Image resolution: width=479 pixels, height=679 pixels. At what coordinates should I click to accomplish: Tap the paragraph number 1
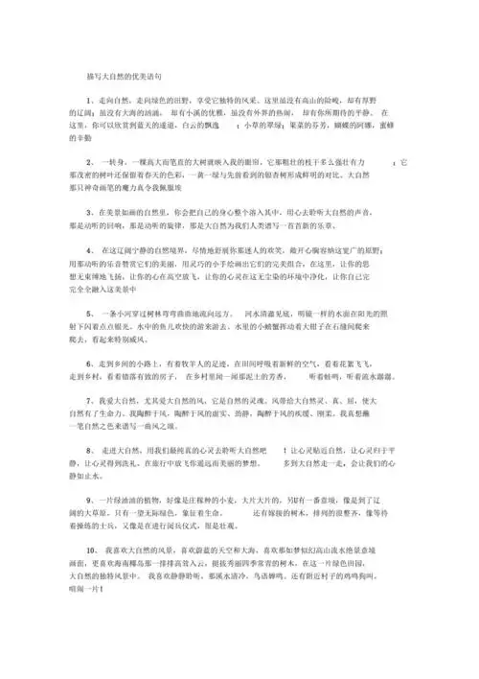point(88,100)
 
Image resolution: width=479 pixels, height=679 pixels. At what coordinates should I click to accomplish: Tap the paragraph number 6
point(88,364)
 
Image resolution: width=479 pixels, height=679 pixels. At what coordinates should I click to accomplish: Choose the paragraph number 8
point(88,451)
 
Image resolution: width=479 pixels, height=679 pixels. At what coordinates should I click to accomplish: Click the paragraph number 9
point(88,501)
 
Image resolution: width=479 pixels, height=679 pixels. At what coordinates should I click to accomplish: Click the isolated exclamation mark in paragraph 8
point(285,451)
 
